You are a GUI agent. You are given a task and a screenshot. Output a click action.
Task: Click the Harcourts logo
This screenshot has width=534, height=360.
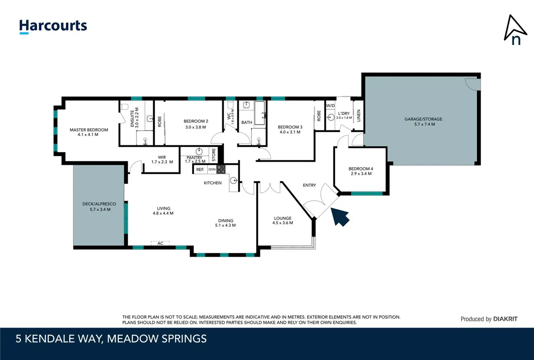(53, 26)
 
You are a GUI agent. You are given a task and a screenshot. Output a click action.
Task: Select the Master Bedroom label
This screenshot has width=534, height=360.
(89, 130)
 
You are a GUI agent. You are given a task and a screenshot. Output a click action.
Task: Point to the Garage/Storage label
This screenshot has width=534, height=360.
(423, 119)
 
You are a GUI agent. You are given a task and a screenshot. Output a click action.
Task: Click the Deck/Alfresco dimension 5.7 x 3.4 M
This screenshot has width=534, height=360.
(100, 209)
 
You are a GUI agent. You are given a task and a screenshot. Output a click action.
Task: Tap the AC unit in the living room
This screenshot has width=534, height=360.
(160, 243)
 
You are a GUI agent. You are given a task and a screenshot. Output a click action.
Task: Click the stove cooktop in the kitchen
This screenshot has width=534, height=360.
(221, 169)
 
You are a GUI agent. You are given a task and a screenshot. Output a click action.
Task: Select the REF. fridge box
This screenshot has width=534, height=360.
(200, 169)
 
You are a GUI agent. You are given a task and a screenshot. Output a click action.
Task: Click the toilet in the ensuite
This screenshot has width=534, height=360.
(124, 107)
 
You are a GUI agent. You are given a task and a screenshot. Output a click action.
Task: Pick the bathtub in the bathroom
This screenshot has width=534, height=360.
(260, 113)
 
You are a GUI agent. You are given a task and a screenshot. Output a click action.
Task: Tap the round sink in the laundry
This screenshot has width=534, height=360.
(330, 117)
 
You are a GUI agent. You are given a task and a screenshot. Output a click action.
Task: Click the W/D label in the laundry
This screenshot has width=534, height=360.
(330, 106)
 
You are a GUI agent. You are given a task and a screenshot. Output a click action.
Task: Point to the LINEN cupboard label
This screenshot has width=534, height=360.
(358, 116)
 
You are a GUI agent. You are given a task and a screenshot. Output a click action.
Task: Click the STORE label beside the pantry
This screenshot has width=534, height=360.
(214, 155)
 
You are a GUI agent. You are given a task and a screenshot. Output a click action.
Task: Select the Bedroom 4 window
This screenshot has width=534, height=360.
(367, 193)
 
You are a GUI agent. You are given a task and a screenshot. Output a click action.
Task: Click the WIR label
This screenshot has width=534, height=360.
(162, 157)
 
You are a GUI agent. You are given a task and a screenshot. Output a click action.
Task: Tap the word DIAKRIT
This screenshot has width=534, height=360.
(505, 319)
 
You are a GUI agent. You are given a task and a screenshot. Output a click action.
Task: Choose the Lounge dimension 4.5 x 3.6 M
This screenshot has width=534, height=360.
(283, 223)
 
